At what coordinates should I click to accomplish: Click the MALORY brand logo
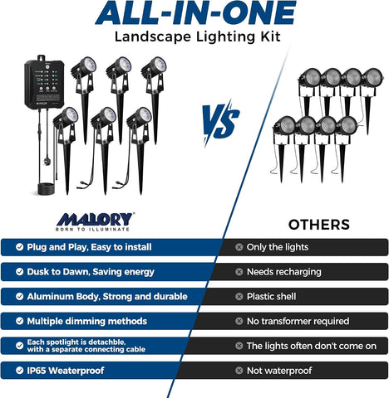click(95, 221)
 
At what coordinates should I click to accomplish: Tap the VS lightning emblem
click(221, 122)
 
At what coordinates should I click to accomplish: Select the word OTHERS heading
click(319, 225)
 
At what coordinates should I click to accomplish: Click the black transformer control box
click(44, 81)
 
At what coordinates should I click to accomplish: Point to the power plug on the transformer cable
click(47, 161)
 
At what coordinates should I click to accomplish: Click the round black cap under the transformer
click(46, 189)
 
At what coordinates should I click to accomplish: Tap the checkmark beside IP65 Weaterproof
click(19, 371)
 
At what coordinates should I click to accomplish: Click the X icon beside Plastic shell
click(239, 297)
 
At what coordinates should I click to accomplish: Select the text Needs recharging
click(284, 272)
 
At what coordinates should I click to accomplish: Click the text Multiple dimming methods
click(87, 321)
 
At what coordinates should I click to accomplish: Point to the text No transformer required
click(298, 321)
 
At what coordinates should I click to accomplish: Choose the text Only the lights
click(278, 247)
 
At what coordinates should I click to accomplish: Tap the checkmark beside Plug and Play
click(19, 247)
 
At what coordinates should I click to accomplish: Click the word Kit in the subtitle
click(270, 36)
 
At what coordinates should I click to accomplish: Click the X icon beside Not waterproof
click(239, 371)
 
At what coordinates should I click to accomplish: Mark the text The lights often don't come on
click(312, 346)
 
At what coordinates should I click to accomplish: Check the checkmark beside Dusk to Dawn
click(19, 272)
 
